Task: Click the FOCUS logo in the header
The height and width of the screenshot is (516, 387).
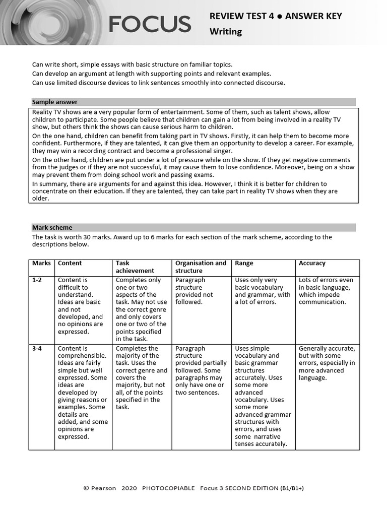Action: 150,24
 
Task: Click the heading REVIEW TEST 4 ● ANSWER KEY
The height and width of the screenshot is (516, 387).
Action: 276,16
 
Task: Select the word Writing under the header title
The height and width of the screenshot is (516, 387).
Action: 226,32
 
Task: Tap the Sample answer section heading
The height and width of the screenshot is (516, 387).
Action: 54,102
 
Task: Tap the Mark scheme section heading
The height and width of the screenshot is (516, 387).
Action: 52,227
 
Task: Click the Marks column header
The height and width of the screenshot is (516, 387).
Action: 41,263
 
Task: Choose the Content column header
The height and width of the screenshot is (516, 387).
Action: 70,263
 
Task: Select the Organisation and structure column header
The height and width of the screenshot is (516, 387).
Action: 201,267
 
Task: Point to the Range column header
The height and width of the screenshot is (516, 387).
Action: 244,263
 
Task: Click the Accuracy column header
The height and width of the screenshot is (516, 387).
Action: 312,263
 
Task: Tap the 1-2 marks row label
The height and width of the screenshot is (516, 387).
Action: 37,280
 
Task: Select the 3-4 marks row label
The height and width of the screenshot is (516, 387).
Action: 37,349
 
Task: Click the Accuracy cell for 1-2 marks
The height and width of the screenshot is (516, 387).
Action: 326,291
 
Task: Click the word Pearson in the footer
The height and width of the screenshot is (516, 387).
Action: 103,488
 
